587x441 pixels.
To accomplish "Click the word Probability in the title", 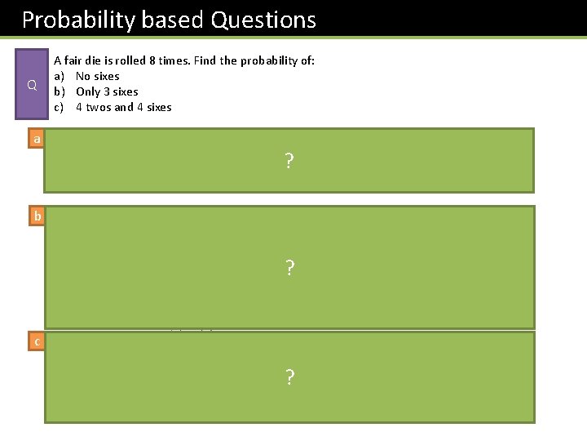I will tap(71, 20).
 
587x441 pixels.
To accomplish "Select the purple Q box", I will tap(32, 84).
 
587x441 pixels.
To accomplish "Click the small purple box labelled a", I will tap(36, 140).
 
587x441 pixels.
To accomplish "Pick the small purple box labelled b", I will tap(36, 217).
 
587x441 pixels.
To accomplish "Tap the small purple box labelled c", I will tap(36, 342).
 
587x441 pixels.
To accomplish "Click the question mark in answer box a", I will tap(289, 161).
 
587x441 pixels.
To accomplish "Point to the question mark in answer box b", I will tap(289, 268).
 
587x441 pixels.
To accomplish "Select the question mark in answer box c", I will tap(289, 376).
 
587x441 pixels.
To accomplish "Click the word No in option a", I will tap(83, 77).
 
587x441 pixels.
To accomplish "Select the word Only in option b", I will tap(88, 92).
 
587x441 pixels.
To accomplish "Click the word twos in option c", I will tap(99, 108).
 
